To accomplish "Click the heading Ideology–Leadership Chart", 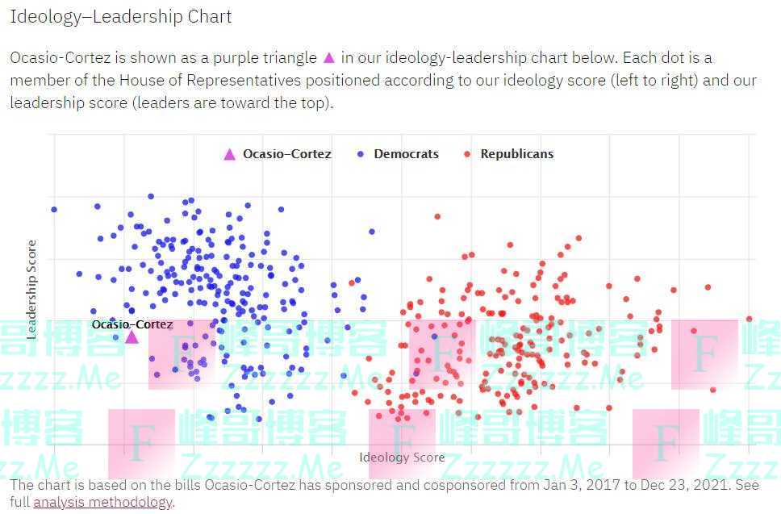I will pos(120,16).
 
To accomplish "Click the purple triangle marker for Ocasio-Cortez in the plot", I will pos(132,336).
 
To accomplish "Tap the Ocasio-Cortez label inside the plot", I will pos(132,324).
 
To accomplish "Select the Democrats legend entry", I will pos(406,154).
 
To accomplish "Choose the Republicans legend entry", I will pos(516,154).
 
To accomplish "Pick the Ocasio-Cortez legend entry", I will pos(286,154).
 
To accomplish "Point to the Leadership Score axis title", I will pos(32,288).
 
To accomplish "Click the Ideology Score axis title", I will pos(402,458).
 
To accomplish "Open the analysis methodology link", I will pos(102,502).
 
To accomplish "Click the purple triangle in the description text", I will pos(328,57).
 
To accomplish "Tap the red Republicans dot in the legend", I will pos(466,154).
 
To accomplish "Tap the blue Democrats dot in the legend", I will pos(360,154).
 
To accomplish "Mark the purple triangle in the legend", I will pos(230,154).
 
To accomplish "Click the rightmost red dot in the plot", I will pos(749,319).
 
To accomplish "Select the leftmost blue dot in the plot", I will pos(54,209).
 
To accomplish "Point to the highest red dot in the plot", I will pos(437,216).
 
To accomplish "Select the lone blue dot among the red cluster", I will pos(434,336).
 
